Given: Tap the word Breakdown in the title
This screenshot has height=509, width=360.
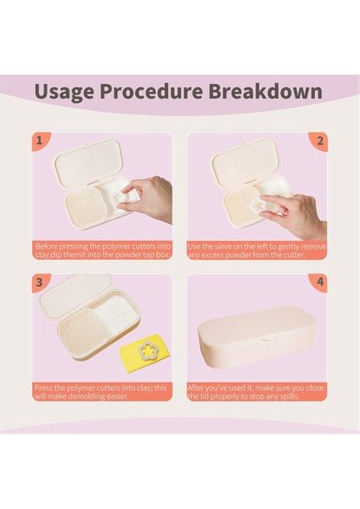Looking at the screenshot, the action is [265, 91].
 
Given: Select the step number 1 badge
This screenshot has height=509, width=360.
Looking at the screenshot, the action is [41, 141].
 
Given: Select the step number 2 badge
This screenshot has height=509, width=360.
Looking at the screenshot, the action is [319, 141].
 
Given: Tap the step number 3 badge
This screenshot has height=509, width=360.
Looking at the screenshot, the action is [41, 282].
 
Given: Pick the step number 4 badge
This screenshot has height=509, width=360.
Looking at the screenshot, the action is [319, 282].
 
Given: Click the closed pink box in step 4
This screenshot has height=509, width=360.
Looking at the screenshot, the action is [256, 338].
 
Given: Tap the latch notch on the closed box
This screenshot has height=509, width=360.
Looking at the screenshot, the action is [268, 339].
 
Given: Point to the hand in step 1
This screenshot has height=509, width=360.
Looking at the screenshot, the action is [148, 198].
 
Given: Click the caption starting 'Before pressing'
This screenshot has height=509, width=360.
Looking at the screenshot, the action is [103, 250].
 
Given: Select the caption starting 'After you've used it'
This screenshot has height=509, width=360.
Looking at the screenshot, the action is [256, 392].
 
